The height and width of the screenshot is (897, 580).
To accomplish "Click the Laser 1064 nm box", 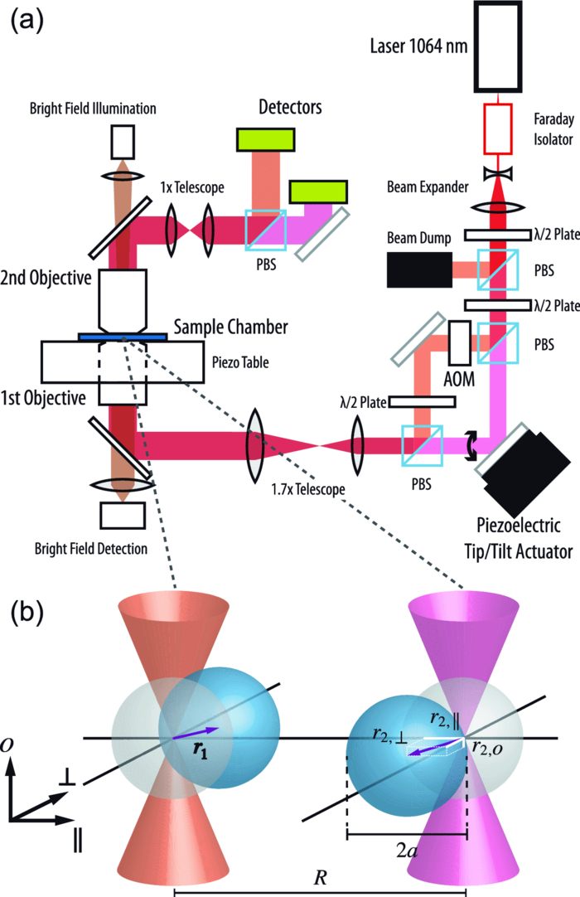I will pos(496,46).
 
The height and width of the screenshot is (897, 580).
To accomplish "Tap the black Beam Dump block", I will pos(419,269).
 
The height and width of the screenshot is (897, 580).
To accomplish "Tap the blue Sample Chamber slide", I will pos(123,337).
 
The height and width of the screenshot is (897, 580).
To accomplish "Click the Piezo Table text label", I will pos(230,361).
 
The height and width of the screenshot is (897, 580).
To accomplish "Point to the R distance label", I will pos(320,880).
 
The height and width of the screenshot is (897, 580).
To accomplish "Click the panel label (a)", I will pos(30,22).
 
